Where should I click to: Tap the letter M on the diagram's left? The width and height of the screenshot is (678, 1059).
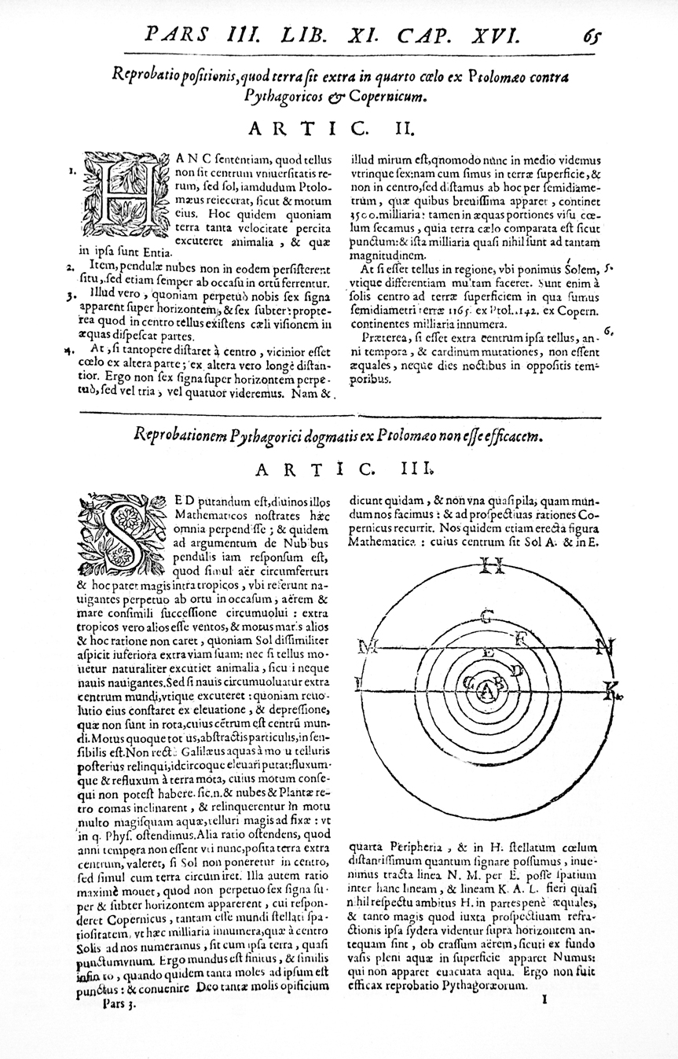(x=365, y=648)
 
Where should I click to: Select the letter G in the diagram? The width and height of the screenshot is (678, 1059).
(x=487, y=614)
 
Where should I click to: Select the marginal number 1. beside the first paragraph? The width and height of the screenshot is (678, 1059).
(x=71, y=169)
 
